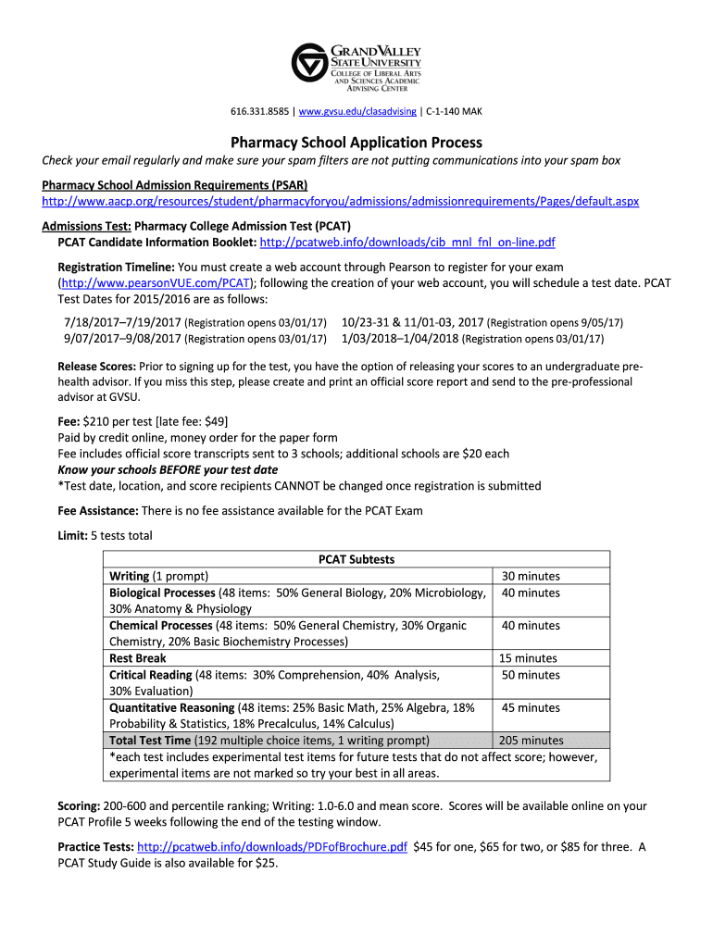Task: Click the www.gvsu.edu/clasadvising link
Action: (357, 112)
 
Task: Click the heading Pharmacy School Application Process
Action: (356, 143)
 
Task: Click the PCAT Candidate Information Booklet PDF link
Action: (407, 243)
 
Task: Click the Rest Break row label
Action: (138, 658)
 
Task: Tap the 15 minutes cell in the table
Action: (528, 658)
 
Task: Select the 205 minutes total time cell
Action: (531, 741)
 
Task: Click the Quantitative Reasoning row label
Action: (172, 707)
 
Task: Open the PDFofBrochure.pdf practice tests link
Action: (271, 846)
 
